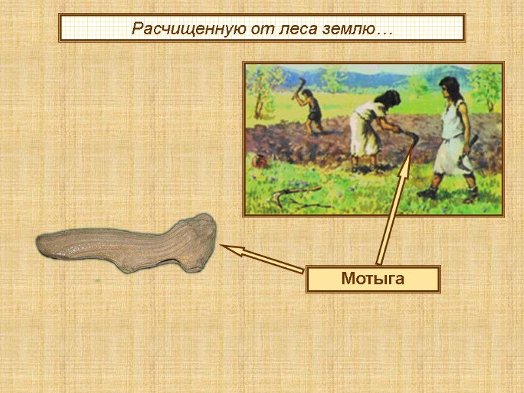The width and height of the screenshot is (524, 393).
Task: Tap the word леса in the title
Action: click(x=283, y=29)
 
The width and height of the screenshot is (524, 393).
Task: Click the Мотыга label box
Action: click(x=373, y=279)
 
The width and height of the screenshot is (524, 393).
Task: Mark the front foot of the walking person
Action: click(x=427, y=193)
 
